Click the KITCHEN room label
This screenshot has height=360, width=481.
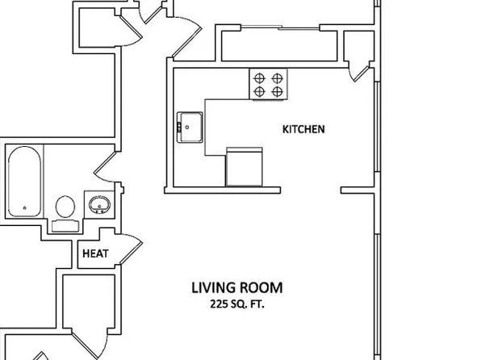[303, 128]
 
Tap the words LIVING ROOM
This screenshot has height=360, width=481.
[236, 287]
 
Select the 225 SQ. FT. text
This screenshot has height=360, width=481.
[236, 304]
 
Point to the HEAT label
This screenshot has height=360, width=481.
[97, 253]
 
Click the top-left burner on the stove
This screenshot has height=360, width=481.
[260, 78]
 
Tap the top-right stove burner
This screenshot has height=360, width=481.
[278, 78]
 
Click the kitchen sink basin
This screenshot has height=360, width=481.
[192, 125]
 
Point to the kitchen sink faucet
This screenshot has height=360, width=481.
[179, 125]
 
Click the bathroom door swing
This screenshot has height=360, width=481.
[107, 170]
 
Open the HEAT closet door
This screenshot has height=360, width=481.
[132, 249]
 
